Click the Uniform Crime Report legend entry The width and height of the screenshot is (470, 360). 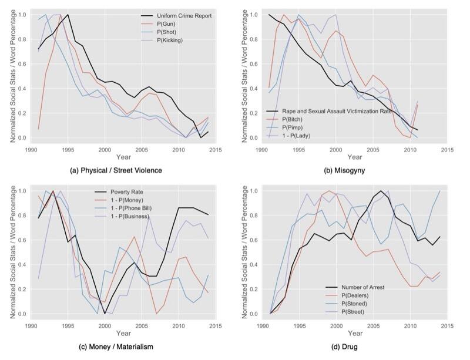point(176,16)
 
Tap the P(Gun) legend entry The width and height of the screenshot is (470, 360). point(158,24)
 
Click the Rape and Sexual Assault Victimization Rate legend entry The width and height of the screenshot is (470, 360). point(329,111)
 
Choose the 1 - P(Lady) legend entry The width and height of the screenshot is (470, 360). point(288,136)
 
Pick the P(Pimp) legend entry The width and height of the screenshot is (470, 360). point(284,127)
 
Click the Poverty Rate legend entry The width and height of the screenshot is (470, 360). point(119,192)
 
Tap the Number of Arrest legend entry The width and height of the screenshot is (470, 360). point(355,287)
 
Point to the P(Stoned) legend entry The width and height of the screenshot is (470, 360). point(346,304)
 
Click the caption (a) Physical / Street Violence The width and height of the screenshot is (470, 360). point(116,170)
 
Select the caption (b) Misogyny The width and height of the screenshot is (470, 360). point(344,170)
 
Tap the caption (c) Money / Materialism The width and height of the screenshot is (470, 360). point(116,347)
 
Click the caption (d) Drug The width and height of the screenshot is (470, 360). point(344,347)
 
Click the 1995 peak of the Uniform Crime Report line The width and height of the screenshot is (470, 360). point(68,14)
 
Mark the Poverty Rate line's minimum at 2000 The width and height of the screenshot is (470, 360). point(105,314)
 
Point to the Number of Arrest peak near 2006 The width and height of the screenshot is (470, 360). point(381,191)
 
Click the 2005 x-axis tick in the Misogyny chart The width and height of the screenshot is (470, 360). point(373,150)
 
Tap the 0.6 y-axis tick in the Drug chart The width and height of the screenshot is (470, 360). point(253,240)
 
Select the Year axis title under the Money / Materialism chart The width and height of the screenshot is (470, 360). point(123,333)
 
